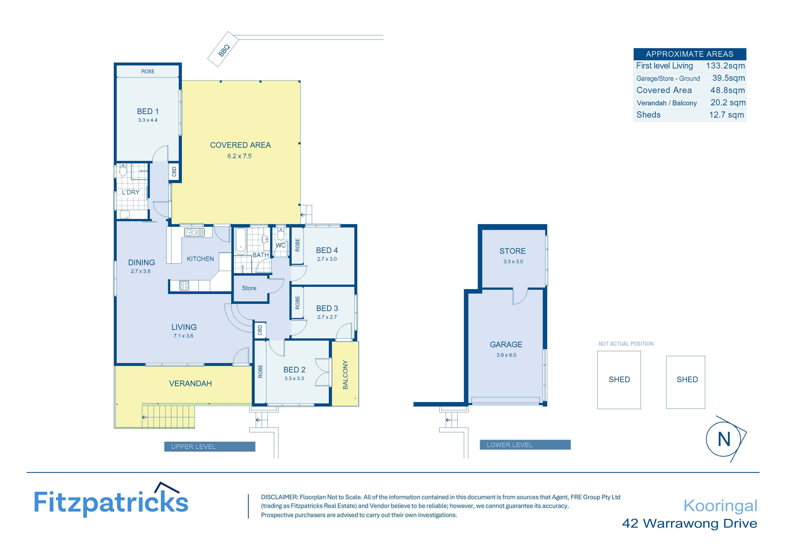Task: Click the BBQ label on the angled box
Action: [x=224, y=51]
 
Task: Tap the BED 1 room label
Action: [x=148, y=111]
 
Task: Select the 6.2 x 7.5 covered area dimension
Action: [x=239, y=156]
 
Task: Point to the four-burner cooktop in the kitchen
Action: [x=184, y=285]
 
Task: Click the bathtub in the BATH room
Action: [x=241, y=241]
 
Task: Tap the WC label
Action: [x=280, y=245]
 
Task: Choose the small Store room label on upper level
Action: [x=249, y=288]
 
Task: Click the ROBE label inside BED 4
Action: [x=297, y=245]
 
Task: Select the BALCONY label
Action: [x=345, y=374]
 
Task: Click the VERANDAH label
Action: [x=190, y=384]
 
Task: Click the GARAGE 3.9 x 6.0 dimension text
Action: [x=506, y=355]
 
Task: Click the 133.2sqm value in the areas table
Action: [x=725, y=66]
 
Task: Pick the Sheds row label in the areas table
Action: [x=648, y=115]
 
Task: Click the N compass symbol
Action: [x=724, y=439]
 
